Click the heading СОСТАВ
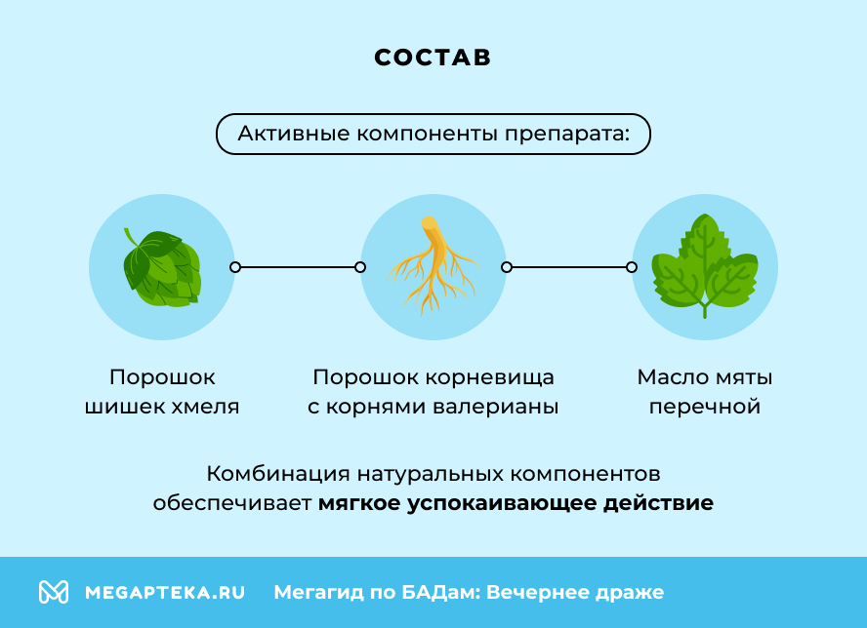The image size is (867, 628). (433, 58)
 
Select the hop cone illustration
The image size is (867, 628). (162, 267)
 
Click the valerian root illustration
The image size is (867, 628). (433, 266)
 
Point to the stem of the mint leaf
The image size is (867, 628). (704, 310)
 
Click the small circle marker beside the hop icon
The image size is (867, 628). (234, 266)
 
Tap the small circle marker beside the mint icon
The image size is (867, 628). (632, 266)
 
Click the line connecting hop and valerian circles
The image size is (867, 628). (297, 266)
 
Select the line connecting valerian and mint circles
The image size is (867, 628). (568, 266)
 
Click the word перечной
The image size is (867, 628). (704, 407)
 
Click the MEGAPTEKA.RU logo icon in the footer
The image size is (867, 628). (54, 592)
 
